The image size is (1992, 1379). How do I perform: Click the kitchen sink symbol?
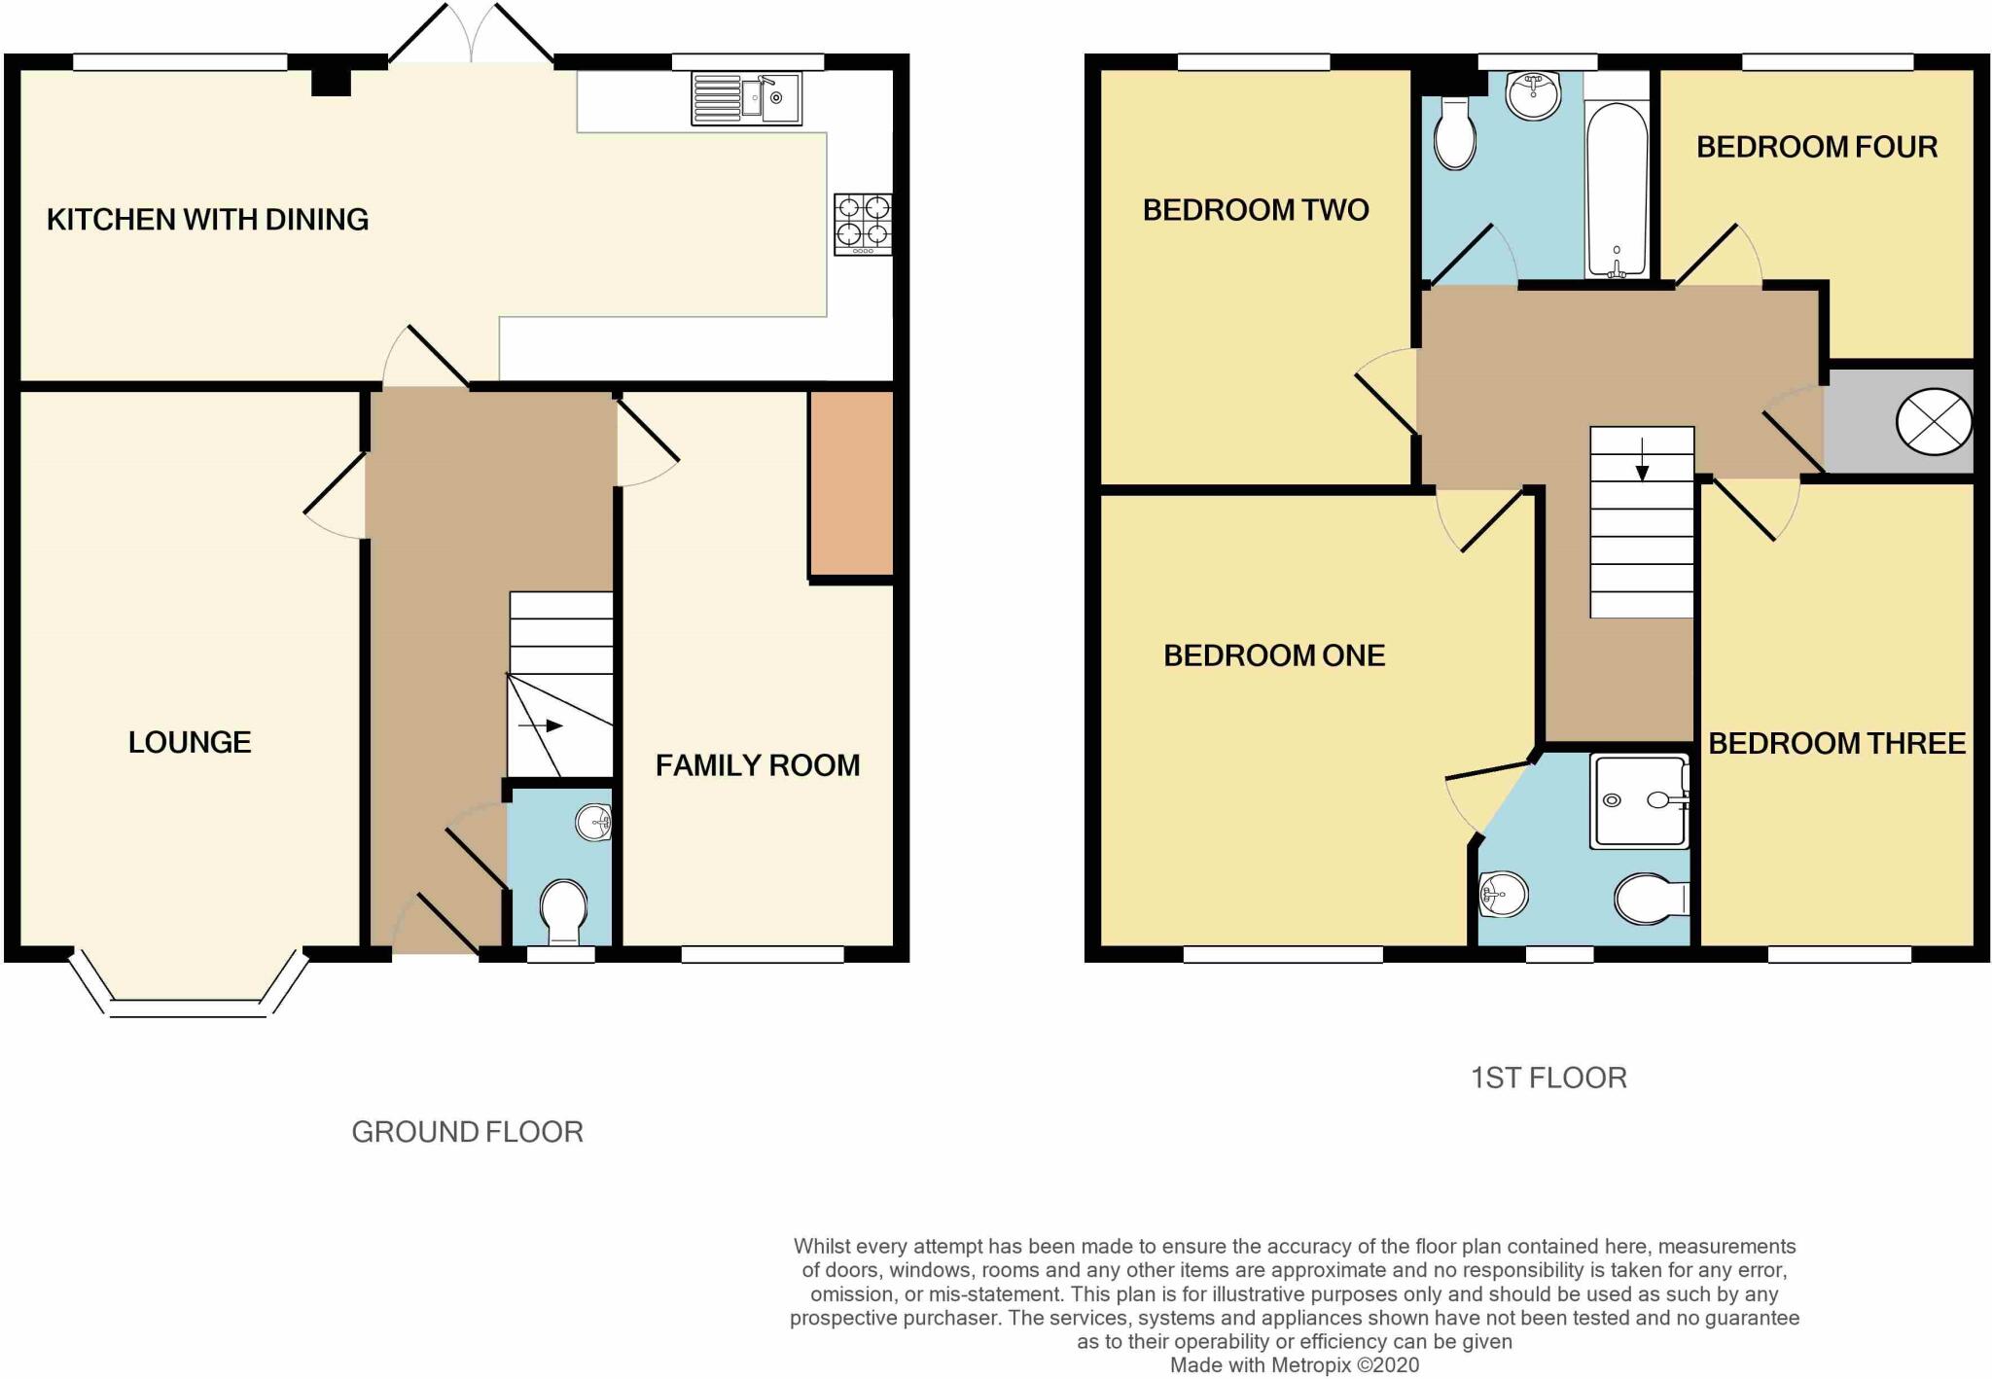click(746, 98)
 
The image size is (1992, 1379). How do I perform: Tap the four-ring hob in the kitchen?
click(863, 225)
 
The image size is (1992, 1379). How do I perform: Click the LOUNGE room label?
click(190, 743)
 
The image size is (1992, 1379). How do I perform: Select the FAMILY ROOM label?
click(757, 766)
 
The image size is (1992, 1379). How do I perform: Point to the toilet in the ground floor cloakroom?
click(563, 909)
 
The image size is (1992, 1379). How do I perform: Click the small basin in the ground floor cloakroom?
click(593, 823)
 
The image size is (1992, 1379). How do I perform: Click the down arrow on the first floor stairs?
click(1642, 461)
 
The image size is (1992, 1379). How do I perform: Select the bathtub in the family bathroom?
click(1617, 190)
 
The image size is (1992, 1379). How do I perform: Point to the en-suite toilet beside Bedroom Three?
click(1650, 899)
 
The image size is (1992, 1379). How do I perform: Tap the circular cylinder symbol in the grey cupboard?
click(1934, 422)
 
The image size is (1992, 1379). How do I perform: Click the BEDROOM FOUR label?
click(1816, 147)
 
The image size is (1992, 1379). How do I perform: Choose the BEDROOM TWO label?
click(1255, 210)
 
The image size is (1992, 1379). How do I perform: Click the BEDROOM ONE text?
click(1273, 655)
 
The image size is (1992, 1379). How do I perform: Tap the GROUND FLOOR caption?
click(467, 1132)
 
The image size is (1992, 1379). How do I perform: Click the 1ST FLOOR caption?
click(1548, 1078)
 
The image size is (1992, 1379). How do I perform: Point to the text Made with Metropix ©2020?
click(1294, 1365)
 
